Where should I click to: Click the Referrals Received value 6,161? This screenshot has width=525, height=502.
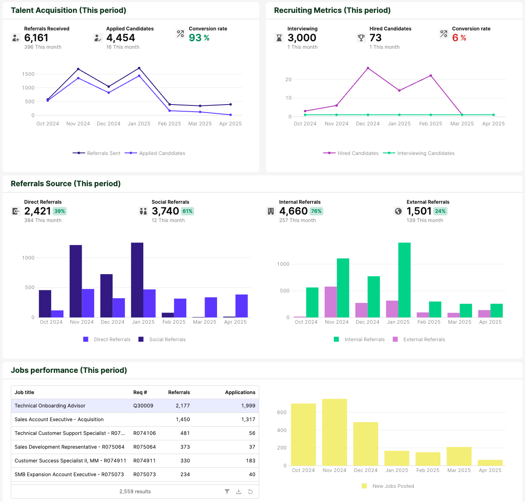(36, 38)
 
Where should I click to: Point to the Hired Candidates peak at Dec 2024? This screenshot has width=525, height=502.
(368, 68)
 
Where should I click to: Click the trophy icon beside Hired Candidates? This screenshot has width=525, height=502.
(361, 38)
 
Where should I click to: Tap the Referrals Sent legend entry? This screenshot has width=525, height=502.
(97, 153)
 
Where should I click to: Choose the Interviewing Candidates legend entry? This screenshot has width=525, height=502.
(419, 153)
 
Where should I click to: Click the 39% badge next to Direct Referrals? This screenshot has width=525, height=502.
(60, 211)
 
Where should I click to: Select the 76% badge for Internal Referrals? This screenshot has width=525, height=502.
(316, 211)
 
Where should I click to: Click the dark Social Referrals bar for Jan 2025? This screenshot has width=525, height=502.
(137, 280)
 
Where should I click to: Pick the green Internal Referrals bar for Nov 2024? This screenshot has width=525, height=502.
(343, 288)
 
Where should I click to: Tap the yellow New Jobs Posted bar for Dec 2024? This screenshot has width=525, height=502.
(365, 444)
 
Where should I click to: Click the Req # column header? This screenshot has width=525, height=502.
(140, 392)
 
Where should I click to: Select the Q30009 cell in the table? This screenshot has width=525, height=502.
(143, 406)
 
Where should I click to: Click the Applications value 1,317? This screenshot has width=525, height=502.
(248, 420)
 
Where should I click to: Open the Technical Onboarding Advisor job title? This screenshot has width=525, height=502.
(50, 406)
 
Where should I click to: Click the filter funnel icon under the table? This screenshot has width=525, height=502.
(227, 492)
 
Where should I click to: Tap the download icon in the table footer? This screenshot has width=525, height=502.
(239, 492)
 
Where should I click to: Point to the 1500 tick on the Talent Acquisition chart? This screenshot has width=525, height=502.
(28, 74)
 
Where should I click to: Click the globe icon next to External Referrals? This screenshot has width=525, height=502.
(398, 211)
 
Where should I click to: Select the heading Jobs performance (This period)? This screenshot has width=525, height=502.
(69, 370)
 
